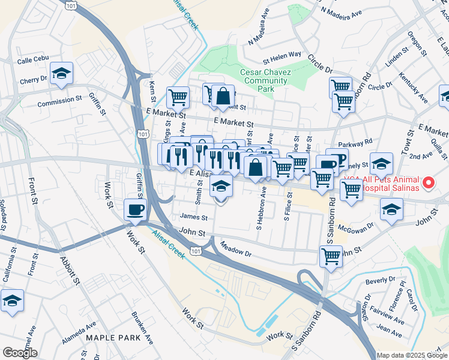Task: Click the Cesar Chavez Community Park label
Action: click(x=266, y=80)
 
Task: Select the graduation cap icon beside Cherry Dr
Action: click(x=61, y=73)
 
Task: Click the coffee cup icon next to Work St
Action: click(x=134, y=209)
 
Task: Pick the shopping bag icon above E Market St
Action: click(x=223, y=95)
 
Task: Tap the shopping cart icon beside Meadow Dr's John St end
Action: click(x=331, y=257)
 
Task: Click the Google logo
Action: click(x=20, y=353)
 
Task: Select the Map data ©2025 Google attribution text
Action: click(x=411, y=355)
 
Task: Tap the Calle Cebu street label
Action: click(x=32, y=61)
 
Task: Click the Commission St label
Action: click(x=59, y=103)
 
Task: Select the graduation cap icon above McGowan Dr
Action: click(x=391, y=209)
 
